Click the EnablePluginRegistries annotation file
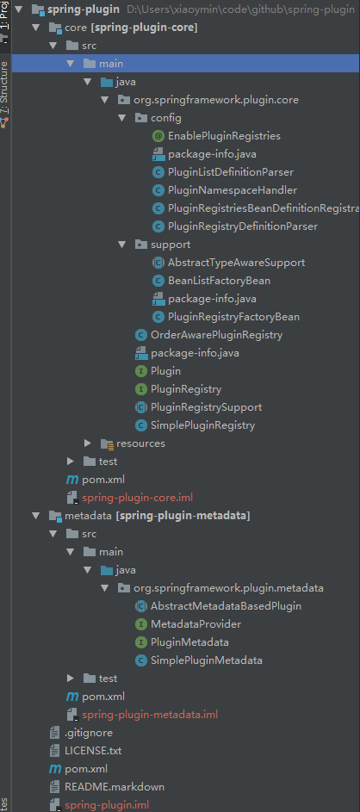click(x=224, y=136)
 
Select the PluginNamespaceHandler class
click(x=232, y=190)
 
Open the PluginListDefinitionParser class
click(x=231, y=172)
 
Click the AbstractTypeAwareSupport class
click(x=236, y=263)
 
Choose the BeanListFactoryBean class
click(x=219, y=281)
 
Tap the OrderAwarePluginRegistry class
click(x=216, y=335)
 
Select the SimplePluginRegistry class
click(x=202, y=425)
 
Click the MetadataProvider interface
click(x=196, y=624)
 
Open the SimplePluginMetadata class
click(x=206, y=660)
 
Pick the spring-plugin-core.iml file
click(x=137, y=499)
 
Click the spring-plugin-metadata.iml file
click(x=150, y=716)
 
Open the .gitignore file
click(x=89, y=734)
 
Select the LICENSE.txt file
click(x=93, y=751)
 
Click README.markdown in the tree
click(x=115, y=787)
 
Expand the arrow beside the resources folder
click(x=88, y=443)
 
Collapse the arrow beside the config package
click(x=122, y=118)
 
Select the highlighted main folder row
click(x=186, y=64)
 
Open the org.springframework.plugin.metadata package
click(x=228, y=588)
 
